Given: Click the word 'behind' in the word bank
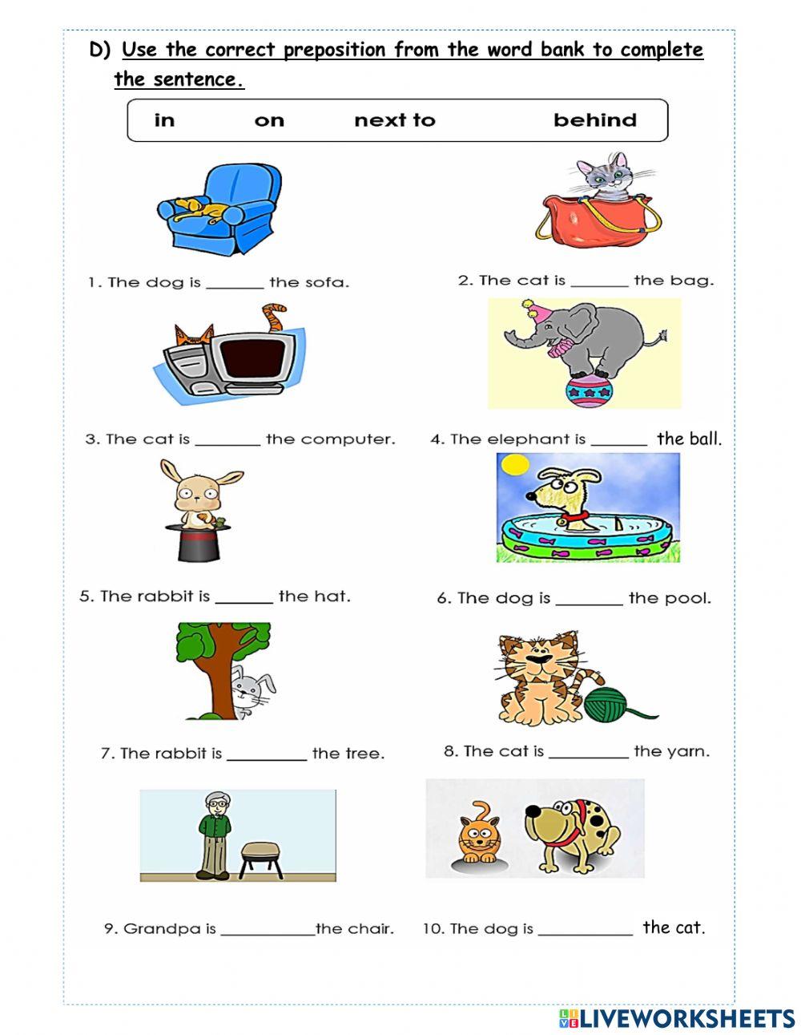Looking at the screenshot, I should click(x=594, y=120).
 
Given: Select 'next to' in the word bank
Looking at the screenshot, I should click(x=394, y=120).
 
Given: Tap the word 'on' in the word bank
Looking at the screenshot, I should click(x=269, y=120).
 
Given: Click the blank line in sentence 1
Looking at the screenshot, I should click(x=234, y=284).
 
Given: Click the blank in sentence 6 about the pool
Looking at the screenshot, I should click(x=589, y=600).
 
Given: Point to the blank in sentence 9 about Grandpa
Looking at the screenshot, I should click(x=268, y=932).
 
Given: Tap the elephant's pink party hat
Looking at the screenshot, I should click(x=532, y=312).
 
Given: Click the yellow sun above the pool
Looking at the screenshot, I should click(x=513, y=464).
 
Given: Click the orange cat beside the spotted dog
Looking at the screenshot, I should click(x=478, y=834).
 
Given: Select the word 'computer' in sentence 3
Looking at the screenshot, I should click(x=347, y=439).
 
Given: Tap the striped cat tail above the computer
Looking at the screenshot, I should click(x=275, y=316).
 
